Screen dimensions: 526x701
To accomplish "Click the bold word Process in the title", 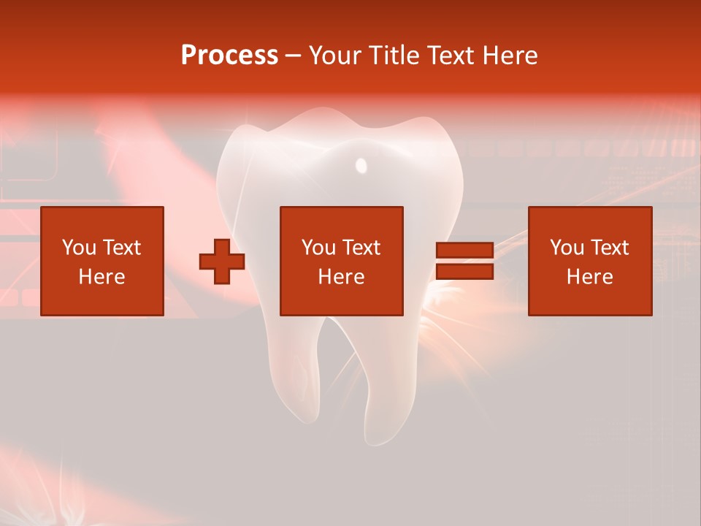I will tap(229, 56).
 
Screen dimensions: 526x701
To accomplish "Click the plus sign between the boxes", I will tap(222, 262).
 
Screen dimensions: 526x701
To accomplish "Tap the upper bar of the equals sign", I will tap(464, 250).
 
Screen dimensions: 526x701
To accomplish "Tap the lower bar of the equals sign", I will tap(464, 272).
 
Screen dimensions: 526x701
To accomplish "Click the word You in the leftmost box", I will tap(79, 248).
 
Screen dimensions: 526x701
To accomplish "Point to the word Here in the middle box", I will tap(342, 277).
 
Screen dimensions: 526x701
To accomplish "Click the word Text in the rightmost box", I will tap(609, 248).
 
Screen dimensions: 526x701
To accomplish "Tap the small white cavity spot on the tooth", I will tap(361, 165).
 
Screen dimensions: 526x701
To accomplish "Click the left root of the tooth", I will tap(296, 380).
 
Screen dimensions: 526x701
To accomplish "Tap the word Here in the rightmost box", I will tap(590, 277).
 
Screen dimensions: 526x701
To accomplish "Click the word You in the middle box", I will tap(318, 248).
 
